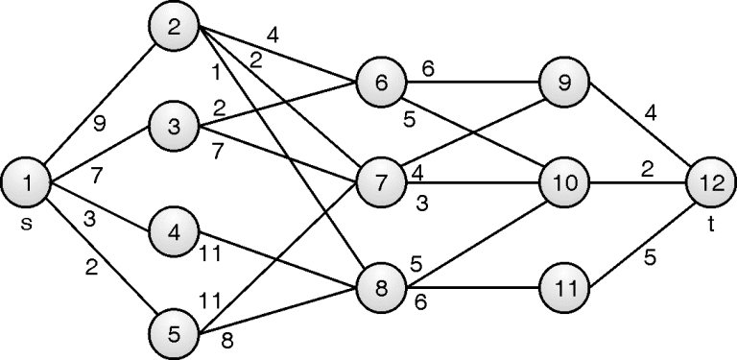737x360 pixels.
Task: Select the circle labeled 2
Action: click(x=174, y=29)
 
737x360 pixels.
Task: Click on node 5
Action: click(x=174, y=332)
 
